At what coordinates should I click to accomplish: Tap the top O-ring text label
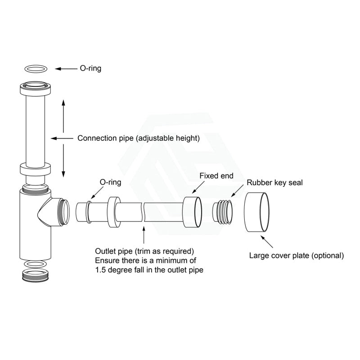(x=90, y=68)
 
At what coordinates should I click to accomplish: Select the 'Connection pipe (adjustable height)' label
(x=139, y=138)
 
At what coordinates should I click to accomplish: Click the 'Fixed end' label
(x=216, y=175)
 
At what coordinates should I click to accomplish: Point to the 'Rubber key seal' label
(x=274, y=183)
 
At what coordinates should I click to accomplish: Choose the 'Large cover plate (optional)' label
(x=297, y=255)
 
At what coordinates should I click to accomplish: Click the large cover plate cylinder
(x=256, y=212)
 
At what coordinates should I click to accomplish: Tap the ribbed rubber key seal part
(x=222, y=211)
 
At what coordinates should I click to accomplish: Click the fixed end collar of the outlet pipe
(x=193, y=212)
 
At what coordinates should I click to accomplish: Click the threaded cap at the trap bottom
(x=36, y=275)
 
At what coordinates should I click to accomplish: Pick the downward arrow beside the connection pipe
(x=63, y=161)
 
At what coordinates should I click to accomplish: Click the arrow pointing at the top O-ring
(x=66, y=69)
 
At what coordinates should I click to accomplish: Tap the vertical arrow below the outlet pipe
(x=144, y=234)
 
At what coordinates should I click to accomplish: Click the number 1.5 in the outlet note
(x=100, y=270)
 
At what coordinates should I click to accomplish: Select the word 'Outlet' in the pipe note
(x=106, y=251)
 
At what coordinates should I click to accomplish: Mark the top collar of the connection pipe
(x=35, y=88)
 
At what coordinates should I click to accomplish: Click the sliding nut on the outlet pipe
(x=114, y=212)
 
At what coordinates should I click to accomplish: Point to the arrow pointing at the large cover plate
(x=267, y=242)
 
